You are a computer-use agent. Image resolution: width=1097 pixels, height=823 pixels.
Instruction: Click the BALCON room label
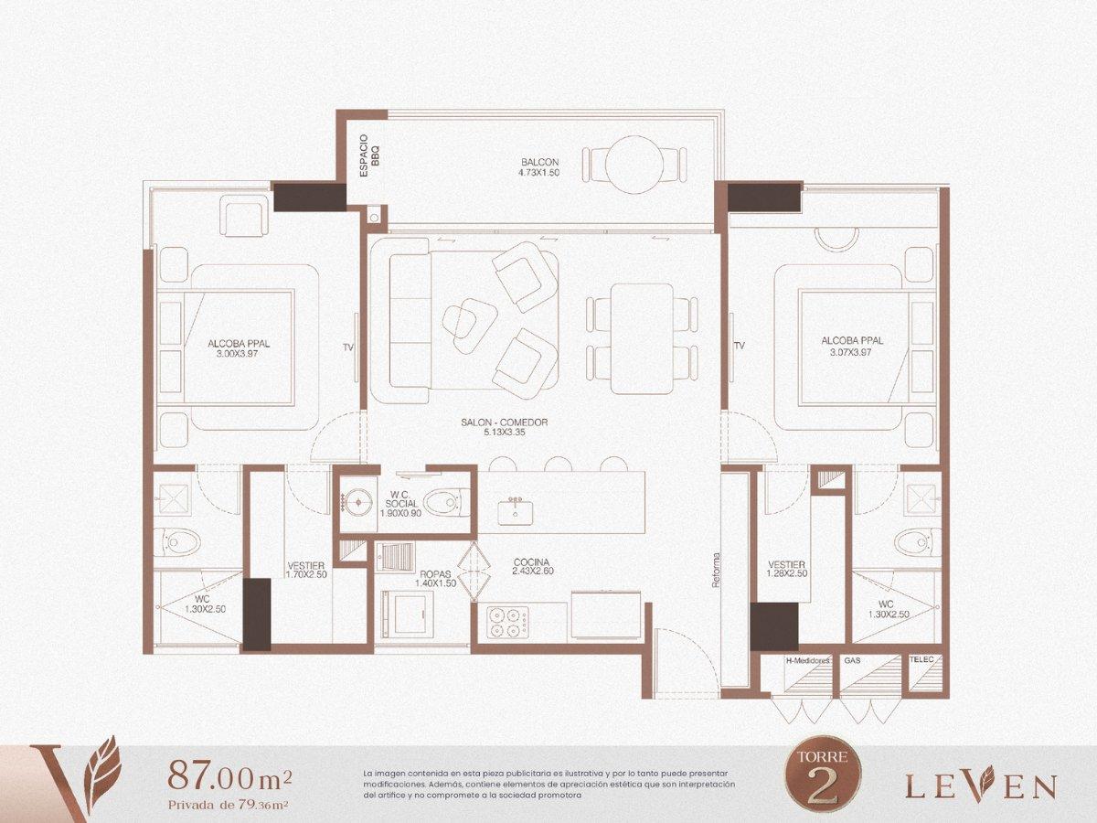(x=539, y=167)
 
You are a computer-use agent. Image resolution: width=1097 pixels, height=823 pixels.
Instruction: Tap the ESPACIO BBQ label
(x=370, y=155)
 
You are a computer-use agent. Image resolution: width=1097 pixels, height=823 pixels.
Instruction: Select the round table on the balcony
(x=634, y=165)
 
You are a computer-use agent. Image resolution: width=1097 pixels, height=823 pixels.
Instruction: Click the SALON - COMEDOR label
(x=505, y=427)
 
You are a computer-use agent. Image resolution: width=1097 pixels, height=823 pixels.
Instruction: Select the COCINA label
(x=533, y=567)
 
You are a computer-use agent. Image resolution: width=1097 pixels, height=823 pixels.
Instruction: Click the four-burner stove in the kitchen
(x=507, y=623)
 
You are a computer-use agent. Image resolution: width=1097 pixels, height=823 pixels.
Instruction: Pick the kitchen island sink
(x=516, y=511)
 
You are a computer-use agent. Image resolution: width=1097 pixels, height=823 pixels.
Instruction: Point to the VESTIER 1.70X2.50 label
(x=306, y=570)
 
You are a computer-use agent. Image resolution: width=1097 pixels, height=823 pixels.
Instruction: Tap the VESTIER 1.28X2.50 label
(x=787, y=569)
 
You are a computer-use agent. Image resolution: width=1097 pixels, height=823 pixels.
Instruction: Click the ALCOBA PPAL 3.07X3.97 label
(x=852, y=346)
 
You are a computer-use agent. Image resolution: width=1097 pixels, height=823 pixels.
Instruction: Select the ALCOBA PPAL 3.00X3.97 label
(x=239, y=348)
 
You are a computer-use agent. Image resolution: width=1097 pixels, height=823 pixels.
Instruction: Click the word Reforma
(x=717, y=570)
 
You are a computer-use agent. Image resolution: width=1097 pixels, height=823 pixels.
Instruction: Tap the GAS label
(x=852, y=660)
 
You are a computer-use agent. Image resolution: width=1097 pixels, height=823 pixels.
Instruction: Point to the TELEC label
(x=921, y=659)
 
